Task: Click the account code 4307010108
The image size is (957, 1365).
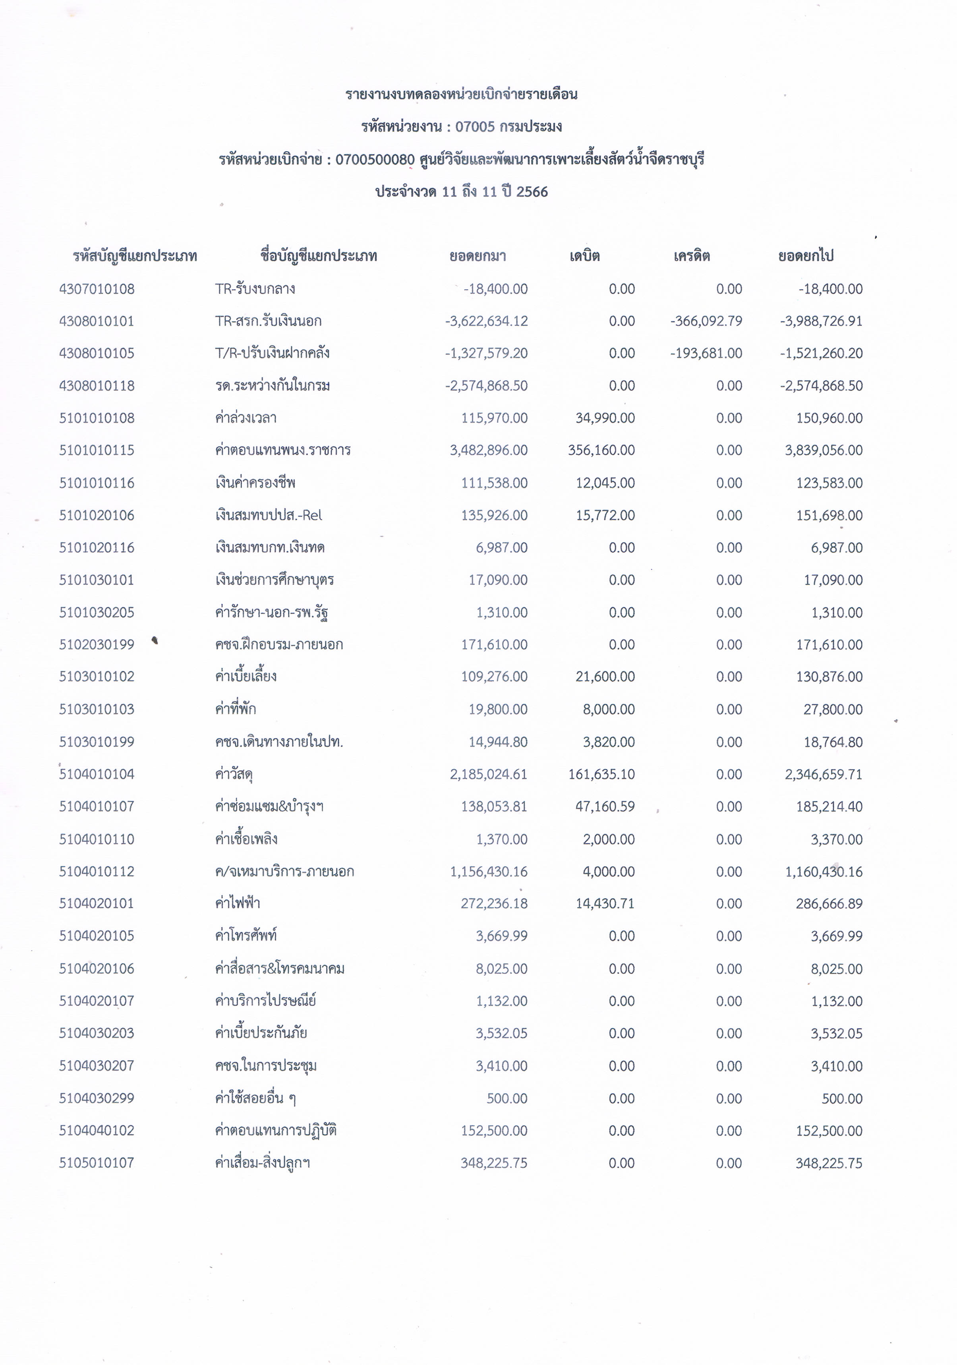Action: coord(97,289)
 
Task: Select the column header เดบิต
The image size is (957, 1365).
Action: coord(584,256)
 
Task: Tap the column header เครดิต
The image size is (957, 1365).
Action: coord(692,256)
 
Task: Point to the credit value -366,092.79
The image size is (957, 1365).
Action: coord(706,321)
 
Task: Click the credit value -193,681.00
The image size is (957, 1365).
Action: coord(706,353)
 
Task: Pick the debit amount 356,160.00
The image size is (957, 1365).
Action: coord(601,450)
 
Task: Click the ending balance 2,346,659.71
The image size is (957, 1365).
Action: coord(823,774)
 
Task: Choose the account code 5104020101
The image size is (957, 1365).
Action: coord(97,904)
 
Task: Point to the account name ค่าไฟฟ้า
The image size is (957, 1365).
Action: coord(238,904)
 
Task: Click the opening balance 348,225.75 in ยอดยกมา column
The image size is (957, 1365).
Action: coord(493,1163)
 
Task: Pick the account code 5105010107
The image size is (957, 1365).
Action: coord(97,1163)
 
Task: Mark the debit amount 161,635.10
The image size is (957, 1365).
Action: coord(601,774)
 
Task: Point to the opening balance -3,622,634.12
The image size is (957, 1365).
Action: coord(486,321)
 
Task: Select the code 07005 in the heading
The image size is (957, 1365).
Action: coord(475,127)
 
